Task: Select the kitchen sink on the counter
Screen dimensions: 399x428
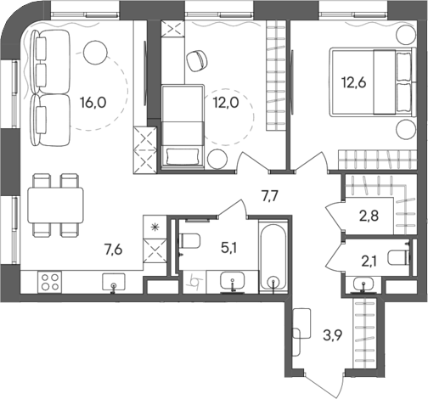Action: pos(112,282)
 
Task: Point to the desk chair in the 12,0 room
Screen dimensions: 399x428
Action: pos(197,59)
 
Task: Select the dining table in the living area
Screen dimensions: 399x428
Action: pos(55,205)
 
